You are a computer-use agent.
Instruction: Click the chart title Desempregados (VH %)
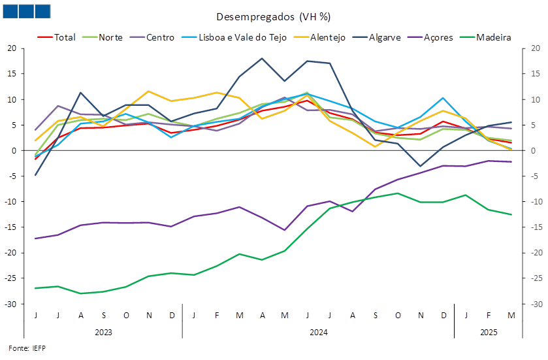pos(273,17)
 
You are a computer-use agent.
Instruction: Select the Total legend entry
pos(56,37)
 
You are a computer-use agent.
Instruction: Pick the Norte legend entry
pos(102,37)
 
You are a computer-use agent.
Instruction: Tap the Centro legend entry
pos(152,37)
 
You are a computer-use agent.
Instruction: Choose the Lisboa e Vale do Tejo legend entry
pos(234,37)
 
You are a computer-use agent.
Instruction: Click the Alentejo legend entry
pos(319,37)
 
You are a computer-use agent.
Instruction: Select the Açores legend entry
pos(430,37)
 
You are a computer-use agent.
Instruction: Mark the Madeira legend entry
pos(485,37)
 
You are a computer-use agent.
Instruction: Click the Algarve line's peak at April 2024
pos(262,58)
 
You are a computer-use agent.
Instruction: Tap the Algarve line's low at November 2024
pos(421,166)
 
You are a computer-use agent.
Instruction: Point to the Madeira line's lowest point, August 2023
pos(81,293)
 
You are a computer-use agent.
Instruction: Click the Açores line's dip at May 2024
pos(285,230)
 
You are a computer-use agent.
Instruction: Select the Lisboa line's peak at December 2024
pos(443,98)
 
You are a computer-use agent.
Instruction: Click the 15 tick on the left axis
pos(12,74)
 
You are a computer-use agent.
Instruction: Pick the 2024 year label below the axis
pos(318,332)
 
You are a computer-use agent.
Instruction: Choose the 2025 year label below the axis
pos(489,332)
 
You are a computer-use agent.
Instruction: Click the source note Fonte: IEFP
pos(27,348)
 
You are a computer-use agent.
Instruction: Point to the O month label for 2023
pos(126,316)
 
